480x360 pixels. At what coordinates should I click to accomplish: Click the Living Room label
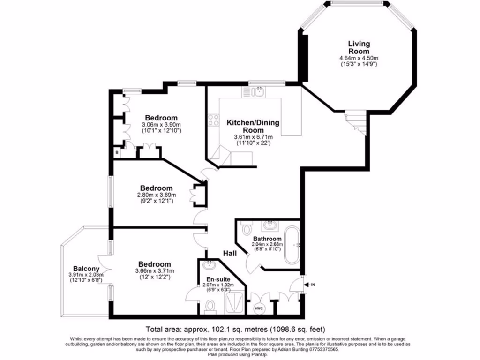pyautogui.click(x=359, y=47)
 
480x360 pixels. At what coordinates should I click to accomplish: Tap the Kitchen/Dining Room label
pyautogui.click(x=253, y=126)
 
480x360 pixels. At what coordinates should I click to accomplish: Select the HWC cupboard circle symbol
pyautogui.click(x=258, y=308)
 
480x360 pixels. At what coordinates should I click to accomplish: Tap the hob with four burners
pyautogui.click(x=214, y=120)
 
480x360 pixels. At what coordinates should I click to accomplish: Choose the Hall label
pyautogui.click(x=229, y=253)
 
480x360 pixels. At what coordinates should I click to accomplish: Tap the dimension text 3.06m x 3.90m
pyautogui.click(x=161, y=125)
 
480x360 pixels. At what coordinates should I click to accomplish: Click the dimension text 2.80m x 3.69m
pyautogui.click(x=157, y=195)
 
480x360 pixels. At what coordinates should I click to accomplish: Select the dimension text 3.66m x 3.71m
pyautogui.click(x=155, y=271)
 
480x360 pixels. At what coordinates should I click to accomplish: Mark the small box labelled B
pyautogui.click(x=117, y=151)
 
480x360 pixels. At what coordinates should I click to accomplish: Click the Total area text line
pyautogui.click(x=235, y=329)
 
